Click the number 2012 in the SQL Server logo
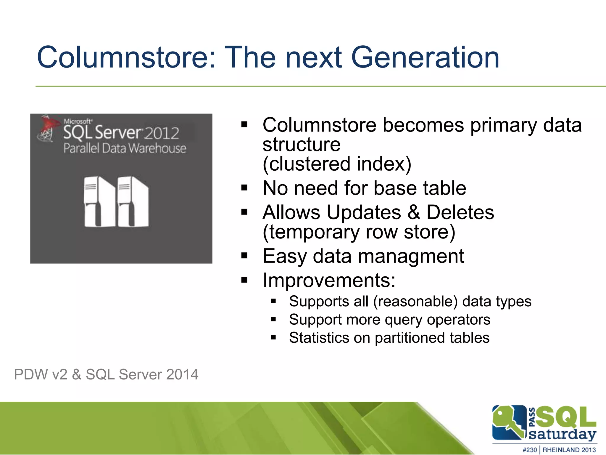click(162, 133)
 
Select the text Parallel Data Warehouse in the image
click(125, 148)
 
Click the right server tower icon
click(133, 201)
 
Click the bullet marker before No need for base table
click(244, 188)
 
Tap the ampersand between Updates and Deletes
click(414, 212)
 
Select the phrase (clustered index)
click(337, 164)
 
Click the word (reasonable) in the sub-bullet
click(415, 301)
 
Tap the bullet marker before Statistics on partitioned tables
click(273, 337)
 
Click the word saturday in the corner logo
click(562, 435)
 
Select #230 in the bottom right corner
click(529, 450)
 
